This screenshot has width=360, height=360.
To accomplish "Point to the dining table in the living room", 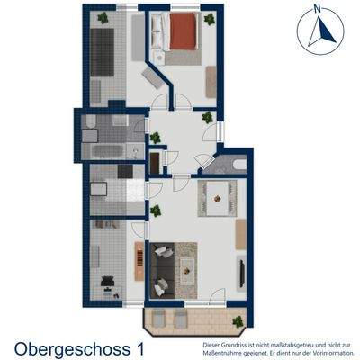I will click(x=219, y=193).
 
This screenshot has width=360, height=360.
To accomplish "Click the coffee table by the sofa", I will click(x=188, y=266).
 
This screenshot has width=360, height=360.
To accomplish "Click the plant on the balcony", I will click(x=237, y=321).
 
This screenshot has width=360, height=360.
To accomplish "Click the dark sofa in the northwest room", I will click(x=101, y=54).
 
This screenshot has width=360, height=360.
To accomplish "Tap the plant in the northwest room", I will click(x=104, y=17).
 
